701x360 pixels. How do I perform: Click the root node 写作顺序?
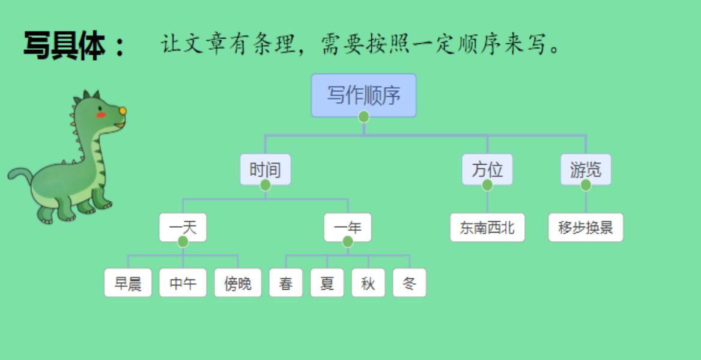[x=363, y=95]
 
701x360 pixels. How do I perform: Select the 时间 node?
[x=265, y=169]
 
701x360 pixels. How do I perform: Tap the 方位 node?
[x=487, y=169]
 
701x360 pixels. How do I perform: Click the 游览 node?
[x=585, y=169]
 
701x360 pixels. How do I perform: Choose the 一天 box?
[x=183, y=228]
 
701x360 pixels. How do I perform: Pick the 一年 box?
[x=347, y=228]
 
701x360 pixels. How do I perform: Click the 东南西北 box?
[x=487, y=228]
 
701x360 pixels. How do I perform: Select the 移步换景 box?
[x=586, y=228]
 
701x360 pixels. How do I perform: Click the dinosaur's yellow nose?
[x=123, y=111]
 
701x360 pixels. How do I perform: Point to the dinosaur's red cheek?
[x=101, y=115]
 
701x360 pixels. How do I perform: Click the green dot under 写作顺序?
[x=363, y=117]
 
